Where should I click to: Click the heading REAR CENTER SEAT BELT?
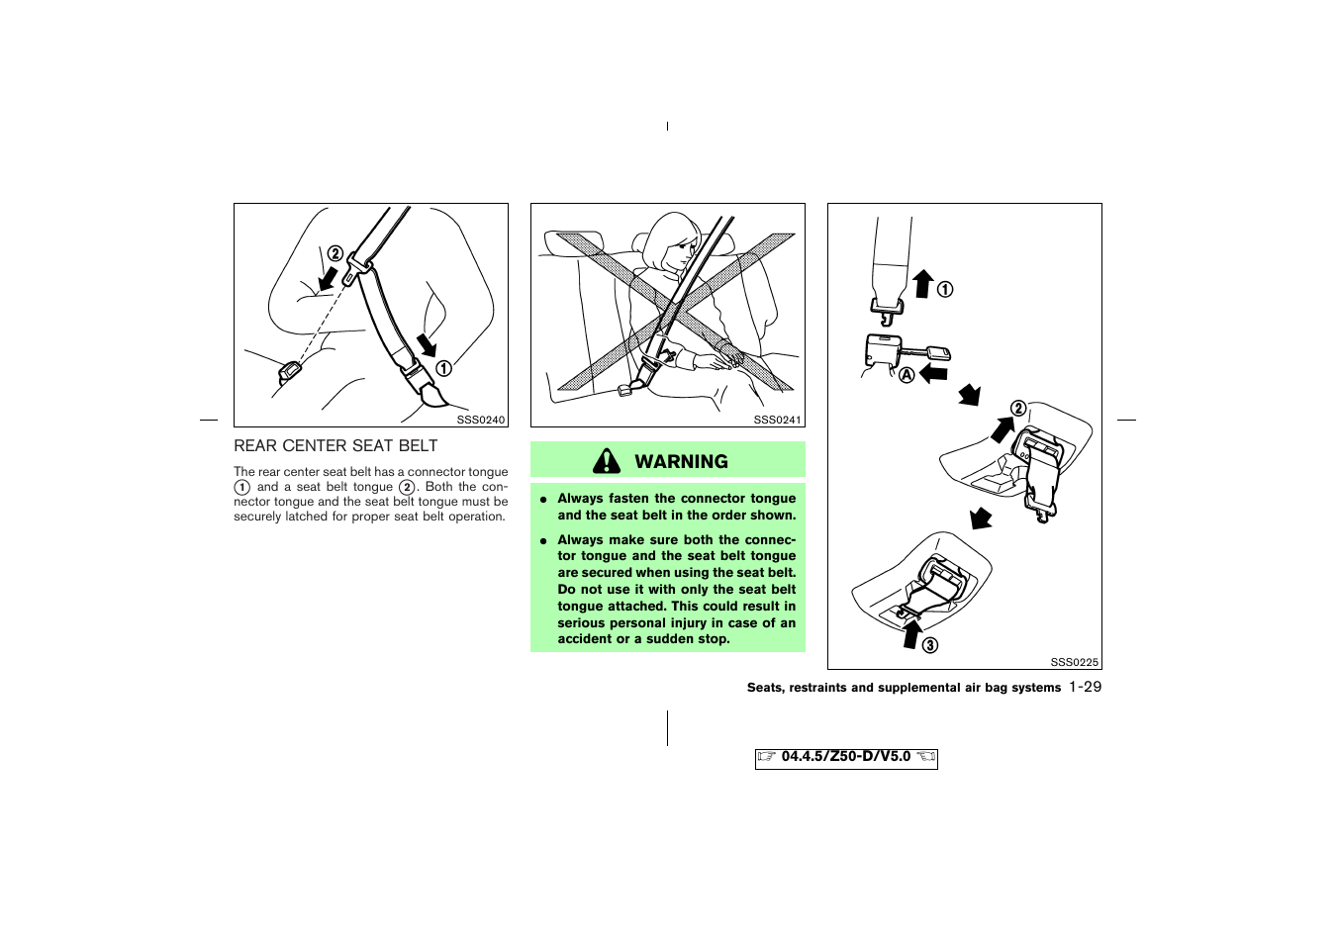(335, 446)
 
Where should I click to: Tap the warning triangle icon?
(607, 461)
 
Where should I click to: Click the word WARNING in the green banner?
(681, 462)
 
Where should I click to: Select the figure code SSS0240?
(481, 420)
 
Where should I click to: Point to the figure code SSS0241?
(777, 420)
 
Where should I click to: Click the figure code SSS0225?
(1074, 662)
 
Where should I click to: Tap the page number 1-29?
(1085, 687)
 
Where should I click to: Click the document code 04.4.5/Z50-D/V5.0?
(845, 757)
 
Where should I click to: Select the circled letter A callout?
(907, 375)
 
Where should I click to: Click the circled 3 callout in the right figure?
(930, 646)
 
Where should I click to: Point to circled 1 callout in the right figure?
(945, 289)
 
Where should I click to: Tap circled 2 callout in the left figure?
(335, 253)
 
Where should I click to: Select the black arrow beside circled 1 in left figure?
(426, 345)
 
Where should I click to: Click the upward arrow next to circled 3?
(911, 633)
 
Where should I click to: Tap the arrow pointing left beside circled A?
(933, 373)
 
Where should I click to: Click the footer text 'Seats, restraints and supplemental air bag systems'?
(904, 688)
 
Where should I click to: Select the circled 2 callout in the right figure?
(1017, 409)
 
